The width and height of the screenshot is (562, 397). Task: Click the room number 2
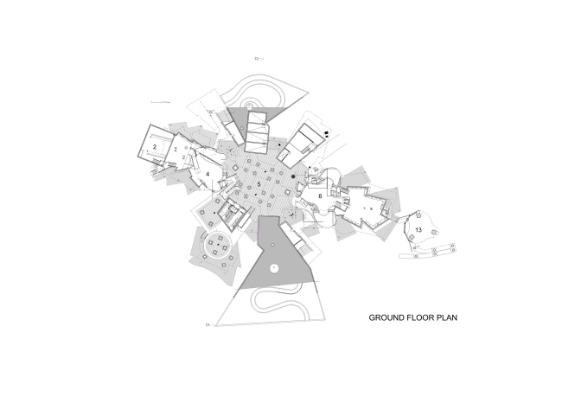click(155, 148)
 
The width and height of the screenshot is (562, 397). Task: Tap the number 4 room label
click(208, 174)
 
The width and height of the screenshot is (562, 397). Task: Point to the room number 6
click(321, 196)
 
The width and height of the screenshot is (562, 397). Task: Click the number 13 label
click(418, 229)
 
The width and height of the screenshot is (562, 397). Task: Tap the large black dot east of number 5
click(294, 176)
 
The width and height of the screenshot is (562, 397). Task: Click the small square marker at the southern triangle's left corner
click(208, 324)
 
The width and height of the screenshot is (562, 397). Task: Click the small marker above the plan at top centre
click(257, 59)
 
